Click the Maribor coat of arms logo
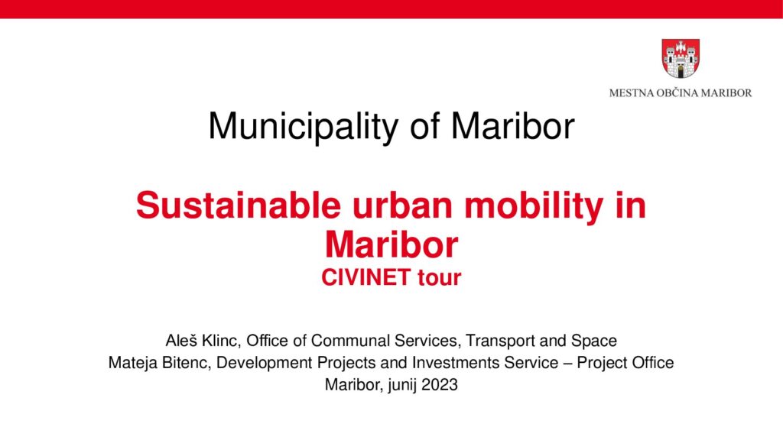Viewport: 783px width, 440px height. point(680,59)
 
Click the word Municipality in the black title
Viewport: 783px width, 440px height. point(303,126)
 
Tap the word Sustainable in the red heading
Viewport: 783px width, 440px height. point(239,205)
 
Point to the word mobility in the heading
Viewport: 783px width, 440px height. point(534,206)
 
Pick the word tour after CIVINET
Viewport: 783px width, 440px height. point(440,278)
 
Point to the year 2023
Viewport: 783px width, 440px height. point(440,385)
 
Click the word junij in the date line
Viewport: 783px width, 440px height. point(402,385)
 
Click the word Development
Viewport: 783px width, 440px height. point(265,364)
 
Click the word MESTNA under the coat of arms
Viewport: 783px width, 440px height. point(631,92)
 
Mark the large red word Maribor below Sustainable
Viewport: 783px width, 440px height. point(391,244)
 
